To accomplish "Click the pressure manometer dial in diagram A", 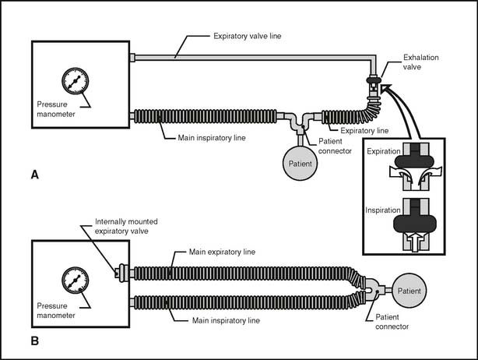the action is pyautogui.click(x=75, y=82).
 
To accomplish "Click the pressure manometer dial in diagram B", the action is pyautogui.click(x=75, y=281).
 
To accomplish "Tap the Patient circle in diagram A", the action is pyautogui.click(x=301, y=164).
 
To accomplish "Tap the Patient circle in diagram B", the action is pyautogui.click(x=409, y=291).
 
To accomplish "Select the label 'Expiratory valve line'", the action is pyautogui.click(x=248, y=36).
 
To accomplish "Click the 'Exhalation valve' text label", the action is pyautogui.click(x=420, y=62).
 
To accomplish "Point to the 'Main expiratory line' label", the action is pyautogui.click(x=222, y=252).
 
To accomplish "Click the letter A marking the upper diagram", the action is pyautogui.click(x=35, y=175).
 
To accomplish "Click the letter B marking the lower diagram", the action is pyautogui.click(x=35, y=341).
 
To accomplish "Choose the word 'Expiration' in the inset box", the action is pyautogui.click(x=384, y=151).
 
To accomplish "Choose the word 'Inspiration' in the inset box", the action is pyautogui.click(x=383, y=210).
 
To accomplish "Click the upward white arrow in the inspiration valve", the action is pyautogui.click(x=415, y=242).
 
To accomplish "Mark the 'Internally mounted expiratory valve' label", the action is pyautogui.click(x=126, y=226).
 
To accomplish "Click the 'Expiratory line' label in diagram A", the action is pyautogui.click(x=364, y=131).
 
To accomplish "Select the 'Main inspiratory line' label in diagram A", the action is pyautogui.click(x=212, y=138).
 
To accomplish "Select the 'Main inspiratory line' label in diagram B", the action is pyautogui.click(x=226, y=320).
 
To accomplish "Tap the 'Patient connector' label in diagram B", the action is pyautogui.click(x=392, y=322).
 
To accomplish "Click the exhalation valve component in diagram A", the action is pyautogui.click(x=374, y=89).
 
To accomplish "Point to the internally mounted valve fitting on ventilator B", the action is pyautogui.click(x=121, y=273).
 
